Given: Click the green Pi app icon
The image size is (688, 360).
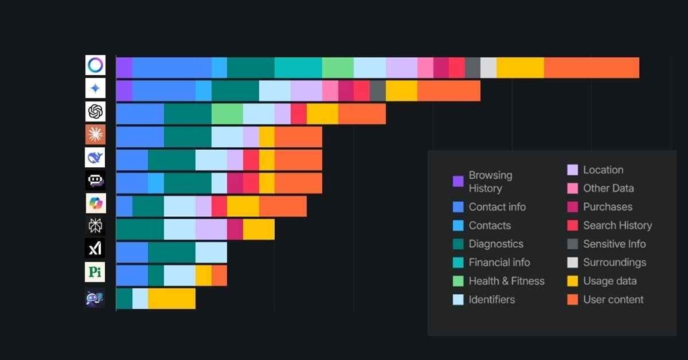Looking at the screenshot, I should pos(95,272).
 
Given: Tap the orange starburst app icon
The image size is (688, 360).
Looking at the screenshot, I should pos(95,134).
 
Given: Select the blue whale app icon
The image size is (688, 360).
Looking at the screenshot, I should pos(95,157).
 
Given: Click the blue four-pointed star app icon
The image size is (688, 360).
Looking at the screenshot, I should pos(95,88).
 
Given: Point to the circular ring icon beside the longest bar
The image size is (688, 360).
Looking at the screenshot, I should pos(95,65).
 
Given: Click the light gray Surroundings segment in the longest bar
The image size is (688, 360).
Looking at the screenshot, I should pos(488,68).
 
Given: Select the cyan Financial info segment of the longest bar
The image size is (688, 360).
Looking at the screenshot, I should pos(298,68).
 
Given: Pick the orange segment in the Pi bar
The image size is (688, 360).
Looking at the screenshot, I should pos(219,275).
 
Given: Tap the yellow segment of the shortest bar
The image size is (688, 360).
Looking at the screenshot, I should pos(171,298).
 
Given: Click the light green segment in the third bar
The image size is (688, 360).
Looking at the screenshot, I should pos(227,114).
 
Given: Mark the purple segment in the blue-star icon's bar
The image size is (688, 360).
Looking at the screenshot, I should pos(124,91).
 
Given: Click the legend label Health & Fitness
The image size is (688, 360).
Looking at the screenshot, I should pos(507,281).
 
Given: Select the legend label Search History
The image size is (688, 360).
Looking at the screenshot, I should pos(617,226).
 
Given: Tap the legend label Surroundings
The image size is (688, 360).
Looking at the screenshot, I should pos(614,263).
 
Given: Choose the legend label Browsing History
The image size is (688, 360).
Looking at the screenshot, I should pos(490,181).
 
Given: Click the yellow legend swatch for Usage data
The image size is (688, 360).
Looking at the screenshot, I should pos(572,281).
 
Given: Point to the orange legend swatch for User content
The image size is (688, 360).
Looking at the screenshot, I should pos(572,300).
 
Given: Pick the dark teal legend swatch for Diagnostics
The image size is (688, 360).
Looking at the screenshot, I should pos(458,244).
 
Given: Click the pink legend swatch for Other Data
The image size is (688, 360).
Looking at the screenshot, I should pos(572,189).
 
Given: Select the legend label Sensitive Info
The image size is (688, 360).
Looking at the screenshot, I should pos(614,244).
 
